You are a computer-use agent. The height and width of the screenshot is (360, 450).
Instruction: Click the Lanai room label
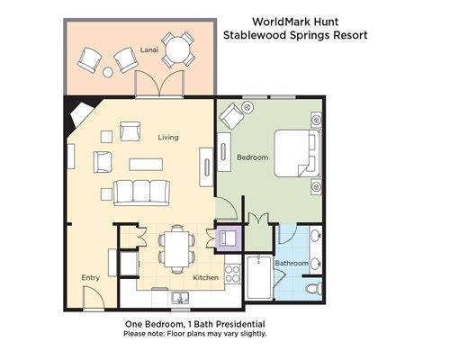point(149,49)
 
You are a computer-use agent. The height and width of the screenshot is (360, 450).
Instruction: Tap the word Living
point(168,138)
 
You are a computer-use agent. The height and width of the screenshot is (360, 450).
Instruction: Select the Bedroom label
point(252,157)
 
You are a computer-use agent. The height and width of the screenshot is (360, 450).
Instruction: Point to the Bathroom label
point(292,264)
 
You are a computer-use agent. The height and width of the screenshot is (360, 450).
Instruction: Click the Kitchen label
point(205,277)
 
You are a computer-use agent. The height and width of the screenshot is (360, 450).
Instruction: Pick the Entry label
point(90,278)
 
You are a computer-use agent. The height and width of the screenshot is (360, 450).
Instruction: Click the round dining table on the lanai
point(178,49)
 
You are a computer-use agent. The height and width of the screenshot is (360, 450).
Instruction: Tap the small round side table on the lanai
point(108,72)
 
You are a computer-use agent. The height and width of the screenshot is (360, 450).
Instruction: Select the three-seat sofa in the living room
point(141,193)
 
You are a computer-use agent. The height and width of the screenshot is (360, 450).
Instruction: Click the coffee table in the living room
point(146,165)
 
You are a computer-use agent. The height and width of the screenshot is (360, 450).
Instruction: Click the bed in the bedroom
point(297,153)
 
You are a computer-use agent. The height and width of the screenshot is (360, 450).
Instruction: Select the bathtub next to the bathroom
point(259,277)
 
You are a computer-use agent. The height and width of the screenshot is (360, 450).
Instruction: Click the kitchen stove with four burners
point(232,274)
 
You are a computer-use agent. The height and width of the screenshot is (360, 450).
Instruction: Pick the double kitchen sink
point(180,298)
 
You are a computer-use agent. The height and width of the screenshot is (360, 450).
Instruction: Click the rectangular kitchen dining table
point(177,249)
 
